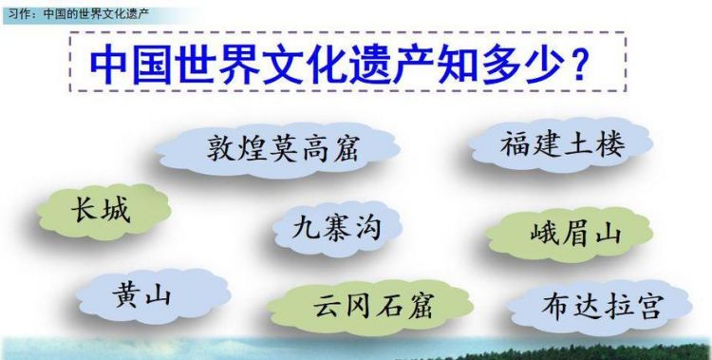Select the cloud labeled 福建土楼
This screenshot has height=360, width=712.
click(563, 144)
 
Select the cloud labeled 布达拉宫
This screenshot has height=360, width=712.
click(600, 306)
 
